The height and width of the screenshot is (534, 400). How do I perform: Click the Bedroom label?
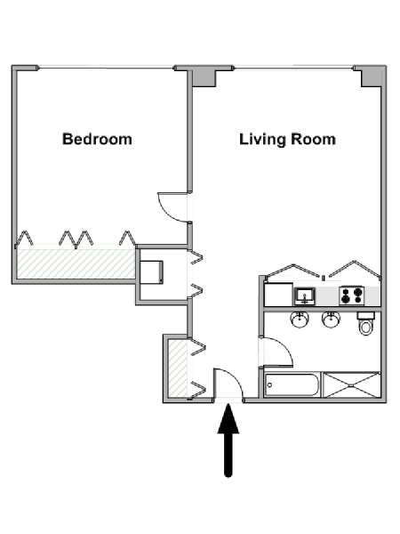[x=97, y=140]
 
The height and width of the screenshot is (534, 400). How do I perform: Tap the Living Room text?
[x=287, y=140]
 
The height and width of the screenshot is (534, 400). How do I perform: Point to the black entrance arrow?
[x=228, y=441]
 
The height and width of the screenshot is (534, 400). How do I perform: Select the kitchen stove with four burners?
[x=352, y=295]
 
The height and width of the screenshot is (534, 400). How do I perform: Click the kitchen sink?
[x=305, y=296]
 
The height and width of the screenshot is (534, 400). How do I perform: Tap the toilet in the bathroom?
[x=366, y=323]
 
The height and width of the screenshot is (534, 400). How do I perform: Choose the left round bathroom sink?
[x=300, y=320]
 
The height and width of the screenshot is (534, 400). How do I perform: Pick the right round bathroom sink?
[x=331, y=320]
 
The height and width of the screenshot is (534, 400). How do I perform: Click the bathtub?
[x=292, y=384]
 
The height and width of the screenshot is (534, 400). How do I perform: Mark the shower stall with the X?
[x=351, y=384]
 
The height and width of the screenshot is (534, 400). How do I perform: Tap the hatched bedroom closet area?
[x=76, y=263]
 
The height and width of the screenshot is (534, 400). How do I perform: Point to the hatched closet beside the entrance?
[x=178, y=368]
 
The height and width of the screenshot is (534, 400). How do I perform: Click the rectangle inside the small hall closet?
[x=151, y=271]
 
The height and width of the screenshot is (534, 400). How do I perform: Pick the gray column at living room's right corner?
[x=372, y=77]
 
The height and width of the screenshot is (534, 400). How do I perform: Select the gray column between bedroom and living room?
[x=204, y=77]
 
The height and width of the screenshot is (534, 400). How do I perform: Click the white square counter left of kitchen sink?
[x=278, y=295]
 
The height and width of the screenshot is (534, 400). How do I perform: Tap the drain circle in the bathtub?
[x=269, y=385]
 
